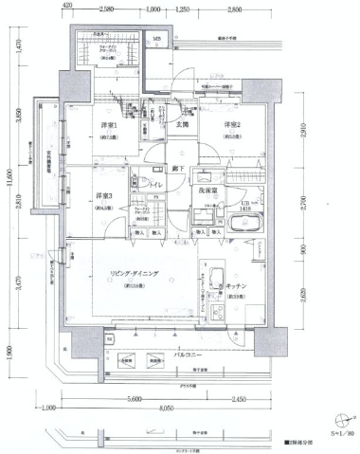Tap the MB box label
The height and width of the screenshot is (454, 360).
[x=157, y=41]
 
